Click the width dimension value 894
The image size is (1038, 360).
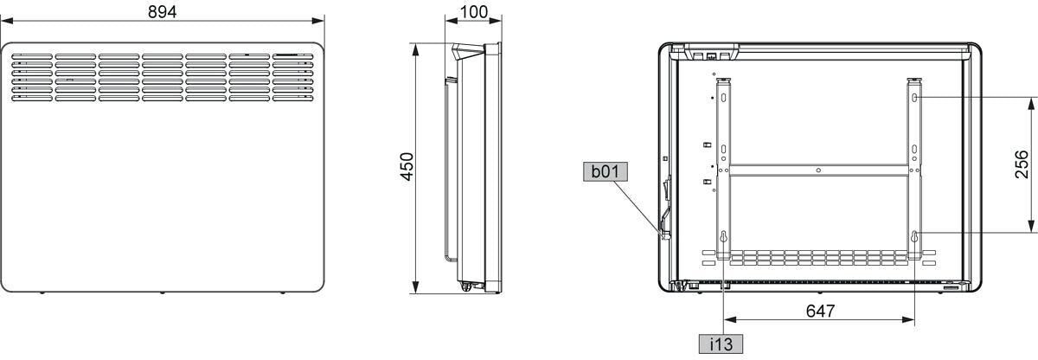tap(163, 11)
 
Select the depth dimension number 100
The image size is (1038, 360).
tap(474, 12)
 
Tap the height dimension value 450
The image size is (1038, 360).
tap(407, 166)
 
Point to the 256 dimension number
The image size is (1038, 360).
tap(1022, 164)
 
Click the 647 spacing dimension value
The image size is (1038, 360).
tap(820, 311)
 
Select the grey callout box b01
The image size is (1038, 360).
tap(605, 171)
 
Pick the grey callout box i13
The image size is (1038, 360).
tap(721, 344)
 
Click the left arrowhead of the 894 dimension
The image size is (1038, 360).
tap(7, 21)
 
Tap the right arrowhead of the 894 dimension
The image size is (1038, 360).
tap(318, 21)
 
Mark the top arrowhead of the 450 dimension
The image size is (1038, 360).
tap(416, 49)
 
